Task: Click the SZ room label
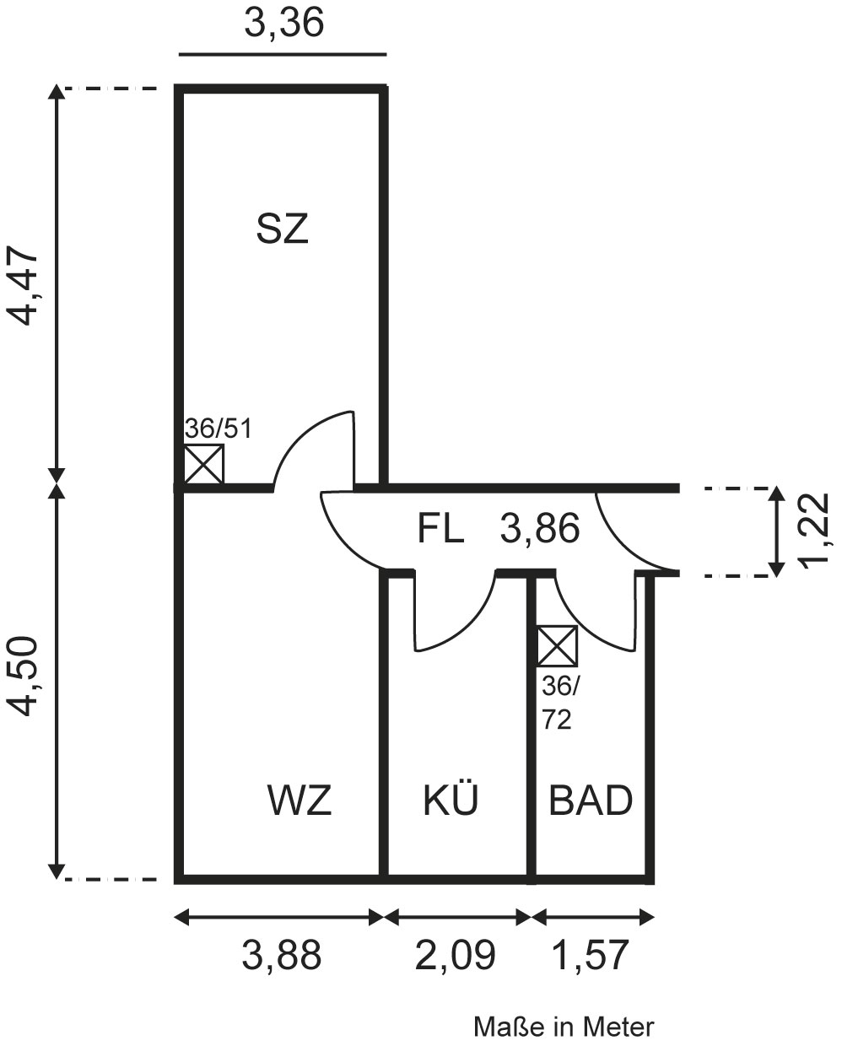[x=283, y=229]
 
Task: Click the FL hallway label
[x=440, y=530]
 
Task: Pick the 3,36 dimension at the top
[x=283, y=24]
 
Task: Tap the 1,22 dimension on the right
[x=815, y=532]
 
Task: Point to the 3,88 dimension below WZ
[x=282, y=956]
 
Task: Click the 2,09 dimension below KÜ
[x=455, y=956]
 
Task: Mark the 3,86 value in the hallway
[x=540, y=530]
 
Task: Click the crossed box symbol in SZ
[x=204, y=465]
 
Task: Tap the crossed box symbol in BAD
[x=558, y=646]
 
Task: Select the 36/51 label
[x=218, y=429]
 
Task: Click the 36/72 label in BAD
[x=558, y=704]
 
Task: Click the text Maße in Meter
[x=564, y=1027]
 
